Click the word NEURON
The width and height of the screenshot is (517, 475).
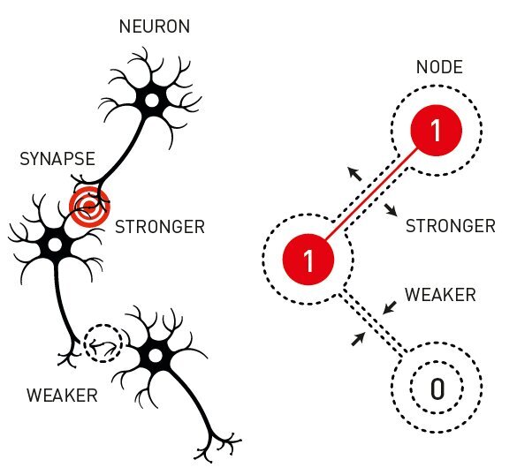click(x=155, y=26)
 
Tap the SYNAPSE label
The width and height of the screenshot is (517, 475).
click(x=57, y=159)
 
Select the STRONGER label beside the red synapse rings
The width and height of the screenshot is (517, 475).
click(x=160, y=227)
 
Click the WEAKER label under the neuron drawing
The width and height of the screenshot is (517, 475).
click(x=63, y=396)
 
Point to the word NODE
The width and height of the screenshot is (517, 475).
click(x=439, y=67)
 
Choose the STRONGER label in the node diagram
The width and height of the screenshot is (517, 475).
click(x=451, y=226)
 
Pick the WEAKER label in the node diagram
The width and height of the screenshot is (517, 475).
click(x=440, y=295)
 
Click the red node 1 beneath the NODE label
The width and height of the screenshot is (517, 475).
click(x=437, y=130)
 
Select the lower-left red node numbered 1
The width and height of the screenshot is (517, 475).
click(x=308, y=260)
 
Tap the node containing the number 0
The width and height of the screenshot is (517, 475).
click(x=437, y=388)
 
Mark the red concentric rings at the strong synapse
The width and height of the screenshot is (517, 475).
click(x=89, y=207)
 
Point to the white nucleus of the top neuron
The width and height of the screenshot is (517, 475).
click(x=152, y=100)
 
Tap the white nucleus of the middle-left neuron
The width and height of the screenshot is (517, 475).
click(x=55, y=245)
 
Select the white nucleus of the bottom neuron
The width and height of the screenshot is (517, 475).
click(x=156, y=356)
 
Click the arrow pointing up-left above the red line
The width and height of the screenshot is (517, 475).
click(x=355, y=174)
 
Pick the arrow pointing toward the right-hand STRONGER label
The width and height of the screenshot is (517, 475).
click(x=391, y=210)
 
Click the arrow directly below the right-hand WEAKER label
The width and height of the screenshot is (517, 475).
click(x=390, y=307)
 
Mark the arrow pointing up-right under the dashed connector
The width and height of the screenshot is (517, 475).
click(x=359, y=339)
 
